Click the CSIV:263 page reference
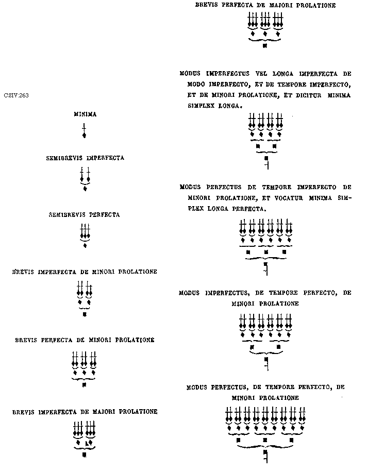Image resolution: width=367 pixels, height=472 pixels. [x=16, y=95]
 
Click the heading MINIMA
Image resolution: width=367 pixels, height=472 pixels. [x=85, y=114]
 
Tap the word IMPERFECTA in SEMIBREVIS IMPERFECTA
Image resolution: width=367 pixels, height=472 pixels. [x=105, y=158]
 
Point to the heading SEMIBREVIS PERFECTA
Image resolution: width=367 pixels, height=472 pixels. [x=85, y=214]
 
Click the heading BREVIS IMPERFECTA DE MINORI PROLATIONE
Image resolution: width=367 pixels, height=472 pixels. [x=85, y=272]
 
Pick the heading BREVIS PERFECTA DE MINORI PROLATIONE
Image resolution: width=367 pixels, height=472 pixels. [x=85, y=340]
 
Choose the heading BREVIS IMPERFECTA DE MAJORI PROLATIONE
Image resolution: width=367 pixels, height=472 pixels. [x=85, y=412]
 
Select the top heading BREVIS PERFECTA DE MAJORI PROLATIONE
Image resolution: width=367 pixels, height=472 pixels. [x=265, y=6]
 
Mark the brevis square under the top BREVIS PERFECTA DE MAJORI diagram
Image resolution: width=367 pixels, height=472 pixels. [x=265, y=46]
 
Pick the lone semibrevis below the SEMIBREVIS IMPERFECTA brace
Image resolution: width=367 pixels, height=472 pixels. [x=85, y=189]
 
